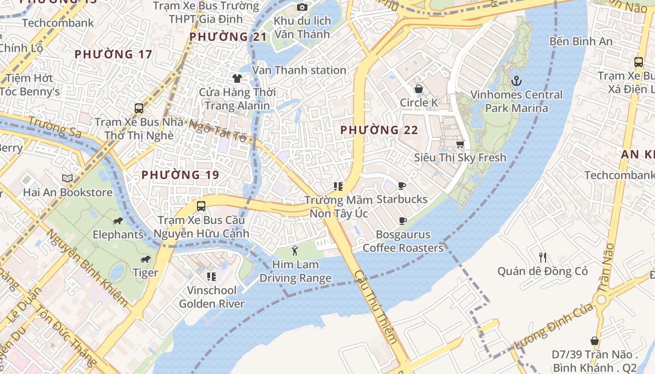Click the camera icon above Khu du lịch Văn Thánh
point(302,7)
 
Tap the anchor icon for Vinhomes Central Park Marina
point(516,81)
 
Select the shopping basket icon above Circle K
point(419,89)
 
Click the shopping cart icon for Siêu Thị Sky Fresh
point(460,144)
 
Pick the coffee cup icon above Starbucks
point(402,186)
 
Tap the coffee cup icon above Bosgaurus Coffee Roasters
point(402,221)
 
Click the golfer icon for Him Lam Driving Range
point(295,251)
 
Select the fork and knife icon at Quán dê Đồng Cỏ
point(542,257)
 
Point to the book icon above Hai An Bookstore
point(67,178)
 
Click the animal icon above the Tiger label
point(146,259)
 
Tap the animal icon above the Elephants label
point(117,221)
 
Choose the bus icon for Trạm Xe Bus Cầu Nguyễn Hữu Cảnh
point(201,206)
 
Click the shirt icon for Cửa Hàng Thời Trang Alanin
point(237,78)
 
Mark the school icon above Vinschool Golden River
point(211,277)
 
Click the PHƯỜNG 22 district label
point(379,130)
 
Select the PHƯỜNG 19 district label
point(180,175)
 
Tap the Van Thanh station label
point(299,70)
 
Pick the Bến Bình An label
point(581,41)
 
